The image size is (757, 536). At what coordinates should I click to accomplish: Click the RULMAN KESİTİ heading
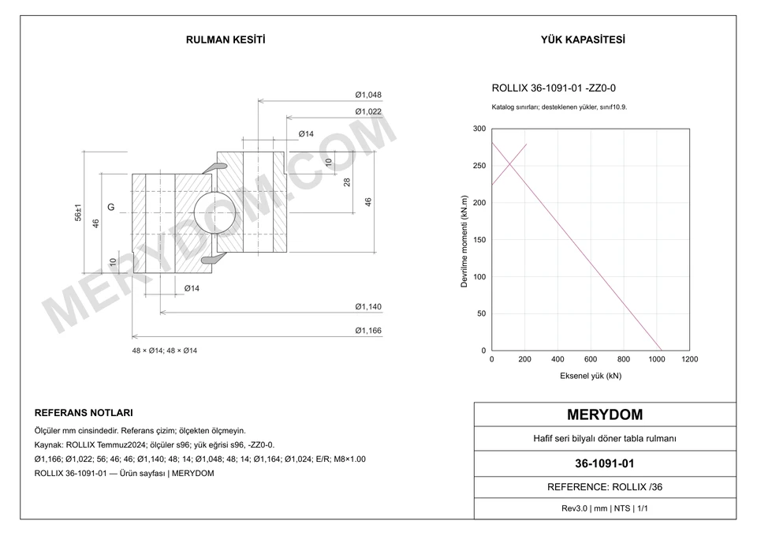click(x=226, y=39)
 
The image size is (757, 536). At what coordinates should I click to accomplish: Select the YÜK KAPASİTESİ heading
click(x=583, y=39)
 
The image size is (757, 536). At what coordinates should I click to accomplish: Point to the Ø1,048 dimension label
click(x=368, y=95)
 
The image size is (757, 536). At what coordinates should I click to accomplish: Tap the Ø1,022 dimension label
click(x=368, y=111)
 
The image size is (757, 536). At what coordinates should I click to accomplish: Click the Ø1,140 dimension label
click(x=368, y=306)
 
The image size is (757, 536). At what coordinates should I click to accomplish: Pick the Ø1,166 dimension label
click(x=368, y=331)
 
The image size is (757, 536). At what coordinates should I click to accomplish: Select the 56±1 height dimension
click(x=78, y=212)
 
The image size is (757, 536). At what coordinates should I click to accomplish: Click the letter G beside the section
click(x=111, y=208)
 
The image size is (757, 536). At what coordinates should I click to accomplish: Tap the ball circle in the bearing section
click(x=214, y=212)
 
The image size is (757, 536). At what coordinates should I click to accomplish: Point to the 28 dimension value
click(x=347, y=182)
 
